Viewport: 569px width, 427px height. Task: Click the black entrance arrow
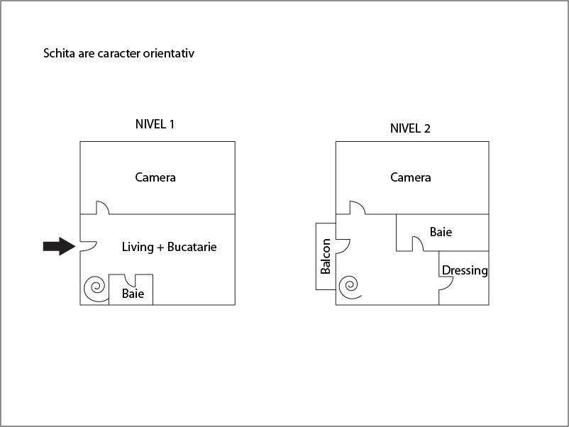pyautogui.click(x=59, y=246)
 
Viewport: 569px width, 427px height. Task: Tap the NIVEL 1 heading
pyautogui.click(x=155, y=124)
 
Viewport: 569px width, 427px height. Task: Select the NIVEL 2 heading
pyautogui.click(x=410, y=128)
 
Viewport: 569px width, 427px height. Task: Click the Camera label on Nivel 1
pyautogui.click(x=155, y=177)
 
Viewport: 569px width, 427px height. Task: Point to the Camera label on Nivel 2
pyautogui.click(x=411, y=177)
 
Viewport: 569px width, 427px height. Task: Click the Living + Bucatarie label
pyautogui.click(x=169, y=247)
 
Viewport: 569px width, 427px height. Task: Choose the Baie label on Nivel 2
pyautogui.click(x=441, y=232)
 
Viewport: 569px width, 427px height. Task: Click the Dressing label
pyautogui.click(x=465, y=270)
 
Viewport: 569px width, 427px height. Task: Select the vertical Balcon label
pyautogui.click(x=326, y=256)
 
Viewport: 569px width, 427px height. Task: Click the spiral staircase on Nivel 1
pyautogui.click(x=94, y=288)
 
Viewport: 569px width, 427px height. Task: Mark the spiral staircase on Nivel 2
pyautogui.click(x=348, y=286)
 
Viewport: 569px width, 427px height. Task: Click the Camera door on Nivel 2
pyautogui.click(x=357, y=207)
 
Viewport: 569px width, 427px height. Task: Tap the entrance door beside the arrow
pyautogui.click(x=87, y=245)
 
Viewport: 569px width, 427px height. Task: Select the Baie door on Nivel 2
pyautogui.click(x=418, y=244)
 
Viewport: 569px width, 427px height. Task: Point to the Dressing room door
pyautogui.click(x=446, y=282)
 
